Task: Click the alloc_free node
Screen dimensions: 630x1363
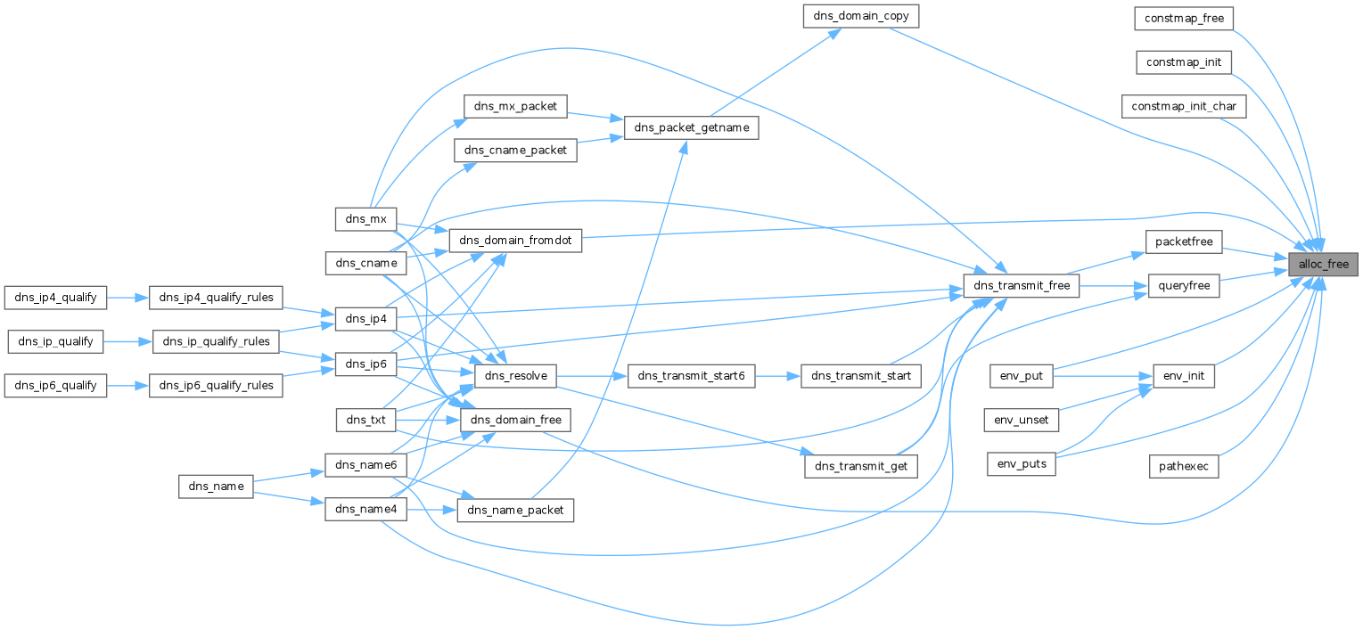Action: point(1324,265)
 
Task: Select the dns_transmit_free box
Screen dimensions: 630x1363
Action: point(1022,286)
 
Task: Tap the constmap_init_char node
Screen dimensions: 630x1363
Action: point(1184,106)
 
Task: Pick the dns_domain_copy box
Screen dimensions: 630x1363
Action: point(860,16)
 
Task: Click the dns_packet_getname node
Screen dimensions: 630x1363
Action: point(691,128)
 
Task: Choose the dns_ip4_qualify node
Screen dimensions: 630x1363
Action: point(55,297)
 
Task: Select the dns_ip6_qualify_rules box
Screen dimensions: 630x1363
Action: point(217,386)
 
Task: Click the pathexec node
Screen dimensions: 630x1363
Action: point(1184,465)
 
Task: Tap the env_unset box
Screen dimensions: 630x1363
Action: point(1022,419)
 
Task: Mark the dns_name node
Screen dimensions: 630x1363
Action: point(217,487)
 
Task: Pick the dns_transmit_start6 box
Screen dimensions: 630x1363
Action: point(691,377)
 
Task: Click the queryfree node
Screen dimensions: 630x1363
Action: point(1184,286)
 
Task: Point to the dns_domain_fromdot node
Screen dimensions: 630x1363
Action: point(516,240)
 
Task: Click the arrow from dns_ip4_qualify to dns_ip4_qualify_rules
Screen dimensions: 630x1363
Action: point(127,297)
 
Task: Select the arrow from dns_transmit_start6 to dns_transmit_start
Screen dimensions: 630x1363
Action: point(777,376)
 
